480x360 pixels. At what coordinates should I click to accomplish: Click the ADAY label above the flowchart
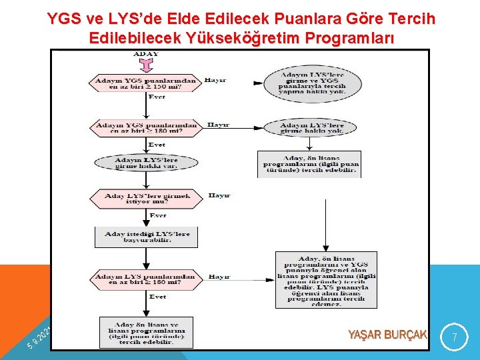point(146,53)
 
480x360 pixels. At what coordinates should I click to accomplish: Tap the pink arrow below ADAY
point(146,65)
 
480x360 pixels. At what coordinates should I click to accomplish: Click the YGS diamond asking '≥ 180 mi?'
point(147,128)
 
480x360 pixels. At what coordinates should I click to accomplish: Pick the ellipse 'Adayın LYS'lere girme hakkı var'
point(147,164)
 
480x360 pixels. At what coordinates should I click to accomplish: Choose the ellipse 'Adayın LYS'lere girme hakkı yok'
point(312,128)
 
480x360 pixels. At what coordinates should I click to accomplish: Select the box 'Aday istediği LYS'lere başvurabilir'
point(147,237)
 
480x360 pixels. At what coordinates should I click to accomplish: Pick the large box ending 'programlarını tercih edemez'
point(326,280)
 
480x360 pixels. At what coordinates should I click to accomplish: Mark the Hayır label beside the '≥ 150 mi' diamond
point(215,80)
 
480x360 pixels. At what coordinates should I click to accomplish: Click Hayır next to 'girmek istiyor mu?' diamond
point(219,195)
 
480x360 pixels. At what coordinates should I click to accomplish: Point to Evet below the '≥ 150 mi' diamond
point(157,97)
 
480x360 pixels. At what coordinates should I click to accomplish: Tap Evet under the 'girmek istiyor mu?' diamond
point(158,215)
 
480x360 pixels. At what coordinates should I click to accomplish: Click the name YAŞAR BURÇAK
point(387,334)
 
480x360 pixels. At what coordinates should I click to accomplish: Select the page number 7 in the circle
point(455,338)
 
